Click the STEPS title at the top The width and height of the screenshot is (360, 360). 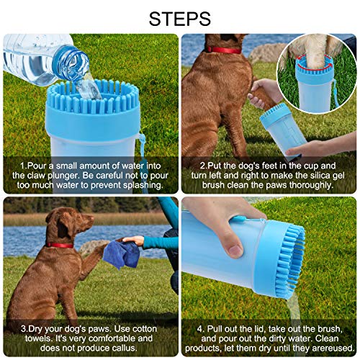(180, 17)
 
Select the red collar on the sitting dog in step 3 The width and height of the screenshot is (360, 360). (60, 245)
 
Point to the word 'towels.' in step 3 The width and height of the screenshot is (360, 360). (33, 337)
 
